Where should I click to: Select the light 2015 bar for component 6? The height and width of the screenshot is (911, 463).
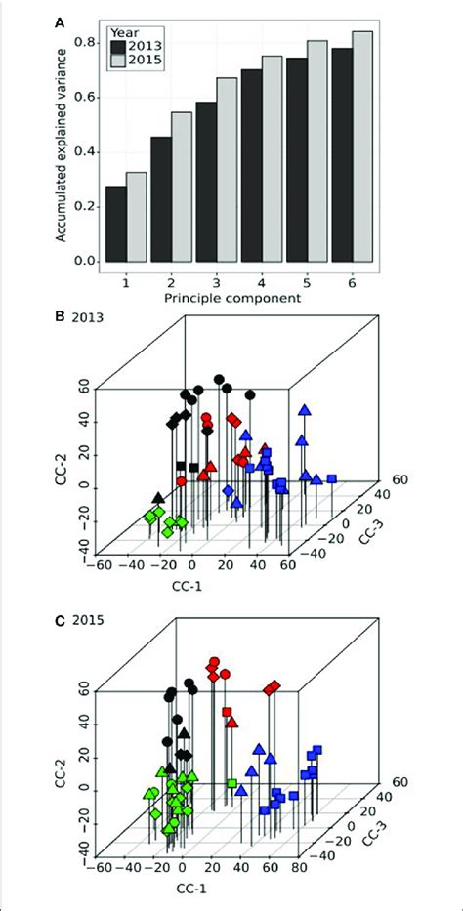pos(362,146)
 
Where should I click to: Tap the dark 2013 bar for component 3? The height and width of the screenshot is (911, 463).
pos(206,182)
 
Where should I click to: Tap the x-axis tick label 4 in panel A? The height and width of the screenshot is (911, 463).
pos(262,281)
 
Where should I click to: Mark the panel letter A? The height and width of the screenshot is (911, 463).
pos(63,18)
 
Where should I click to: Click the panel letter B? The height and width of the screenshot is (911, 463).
pos(63,318)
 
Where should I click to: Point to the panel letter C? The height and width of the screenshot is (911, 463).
pos(63,619)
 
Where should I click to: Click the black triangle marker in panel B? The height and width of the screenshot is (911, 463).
pos(159,498)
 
